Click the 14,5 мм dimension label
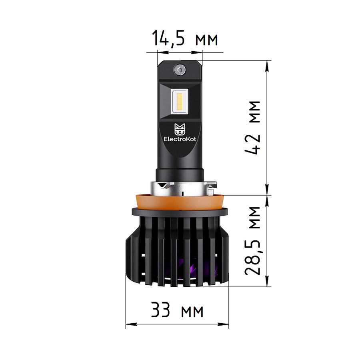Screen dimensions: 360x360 coord(185,38)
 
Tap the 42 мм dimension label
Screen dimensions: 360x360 coord(252,128)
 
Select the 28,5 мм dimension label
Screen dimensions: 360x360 coord(252,241)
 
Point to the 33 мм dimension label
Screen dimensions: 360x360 coord(177,310)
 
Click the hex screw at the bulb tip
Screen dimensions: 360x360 coord(180,70)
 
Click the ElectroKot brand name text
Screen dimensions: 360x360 coord(180,139)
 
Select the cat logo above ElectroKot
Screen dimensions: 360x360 coord(180,129)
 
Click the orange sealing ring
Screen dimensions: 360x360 coord(180,202)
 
